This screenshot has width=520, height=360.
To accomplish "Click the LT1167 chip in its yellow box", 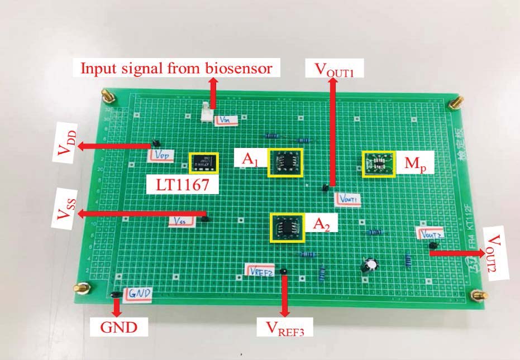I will [204, 163].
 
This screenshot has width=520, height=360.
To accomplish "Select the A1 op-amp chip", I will [285, 162].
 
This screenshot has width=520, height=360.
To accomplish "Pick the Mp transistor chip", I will [379, 164].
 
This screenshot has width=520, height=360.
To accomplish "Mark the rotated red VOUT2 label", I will [497, 253].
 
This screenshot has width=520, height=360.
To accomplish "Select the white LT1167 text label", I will [181, 185].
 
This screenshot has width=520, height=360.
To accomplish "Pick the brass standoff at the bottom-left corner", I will [83, 289].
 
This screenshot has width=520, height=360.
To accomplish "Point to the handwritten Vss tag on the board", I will [182, 222].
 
